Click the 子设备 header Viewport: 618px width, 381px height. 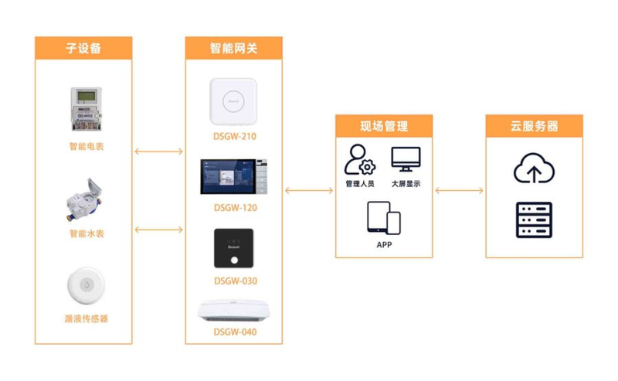pyautogui.click(x=83, y=48)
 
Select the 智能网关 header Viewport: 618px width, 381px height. pyautogui.click(x=234, y=48)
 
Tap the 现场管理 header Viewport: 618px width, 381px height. pyautogui.click(x=384, y=126)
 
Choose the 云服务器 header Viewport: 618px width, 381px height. pyautogui.click(x=534, y=126)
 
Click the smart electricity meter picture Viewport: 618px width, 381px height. pyautogui.click(x=87, y=109)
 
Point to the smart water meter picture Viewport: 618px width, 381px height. pyautogui.click(x=84, y=199)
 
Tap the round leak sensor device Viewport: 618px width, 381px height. pyautogui.click(x=87, y=285)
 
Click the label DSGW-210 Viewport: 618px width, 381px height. pyautogui.click(x=235, y=137)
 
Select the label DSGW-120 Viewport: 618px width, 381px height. pyautogui.click(x=236, y=208)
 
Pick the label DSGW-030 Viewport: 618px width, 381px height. pyautogui.click(x=236, y=281)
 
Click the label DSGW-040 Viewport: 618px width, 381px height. pyautogui.click(x=235, y=332)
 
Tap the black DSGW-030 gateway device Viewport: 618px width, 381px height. pyautogui.click(x=234, y=249)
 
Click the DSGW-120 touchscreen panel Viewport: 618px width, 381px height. pyautogui.click(x=234, y=177)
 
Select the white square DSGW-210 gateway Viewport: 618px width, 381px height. pyautogui.click(x=233, y=101)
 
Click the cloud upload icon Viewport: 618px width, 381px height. pyautogui.click(x=534, y=168)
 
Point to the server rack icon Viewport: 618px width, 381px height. pyautogui.click(x=534, y=220)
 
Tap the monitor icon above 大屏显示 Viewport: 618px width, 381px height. pyautogui.click(x=406, y=159)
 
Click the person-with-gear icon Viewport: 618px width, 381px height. pyautogui.click(x=359, y=160)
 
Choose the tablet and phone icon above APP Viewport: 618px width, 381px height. pyautogui.click(x=384, y=218)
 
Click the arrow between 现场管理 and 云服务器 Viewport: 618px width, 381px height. pyautogui.click(x=459, y=190)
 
